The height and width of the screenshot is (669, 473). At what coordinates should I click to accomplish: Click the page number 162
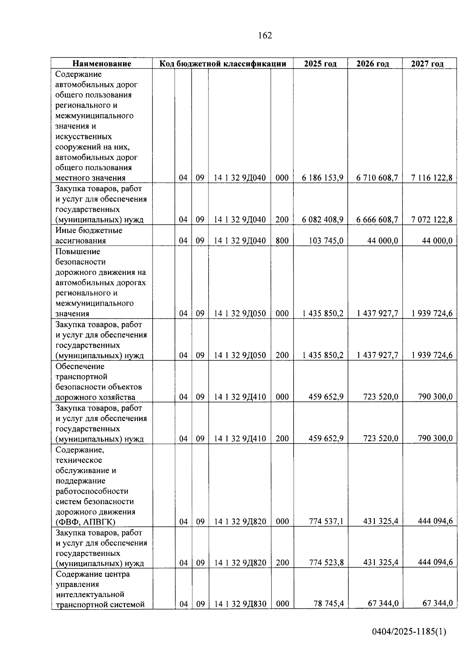pos(265,35)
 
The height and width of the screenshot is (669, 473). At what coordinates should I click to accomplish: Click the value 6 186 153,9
pos(322,178)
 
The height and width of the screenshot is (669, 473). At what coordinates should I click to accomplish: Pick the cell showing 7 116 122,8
pos(432,178)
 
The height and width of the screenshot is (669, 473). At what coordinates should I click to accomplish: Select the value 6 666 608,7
pos(377,220)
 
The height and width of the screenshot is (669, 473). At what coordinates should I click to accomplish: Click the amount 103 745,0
pos(326,240)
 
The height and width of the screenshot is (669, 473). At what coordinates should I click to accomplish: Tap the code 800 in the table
pos(282,240)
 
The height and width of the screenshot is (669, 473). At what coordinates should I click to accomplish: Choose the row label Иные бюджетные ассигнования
pos(89,235)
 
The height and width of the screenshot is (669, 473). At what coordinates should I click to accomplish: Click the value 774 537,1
pos(326,521)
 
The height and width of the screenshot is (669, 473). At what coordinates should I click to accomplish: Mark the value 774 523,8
pos(326,563)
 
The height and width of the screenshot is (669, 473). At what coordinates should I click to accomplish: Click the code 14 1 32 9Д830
pos(240,604)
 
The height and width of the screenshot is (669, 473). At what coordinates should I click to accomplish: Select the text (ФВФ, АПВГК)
pos(86,522)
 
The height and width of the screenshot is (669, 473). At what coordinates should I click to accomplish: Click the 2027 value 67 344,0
pos(437,603)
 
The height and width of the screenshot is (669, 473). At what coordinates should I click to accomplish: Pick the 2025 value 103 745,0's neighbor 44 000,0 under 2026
pos(382,240)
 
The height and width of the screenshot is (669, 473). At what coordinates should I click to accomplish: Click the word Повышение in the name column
pos(78,252)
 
